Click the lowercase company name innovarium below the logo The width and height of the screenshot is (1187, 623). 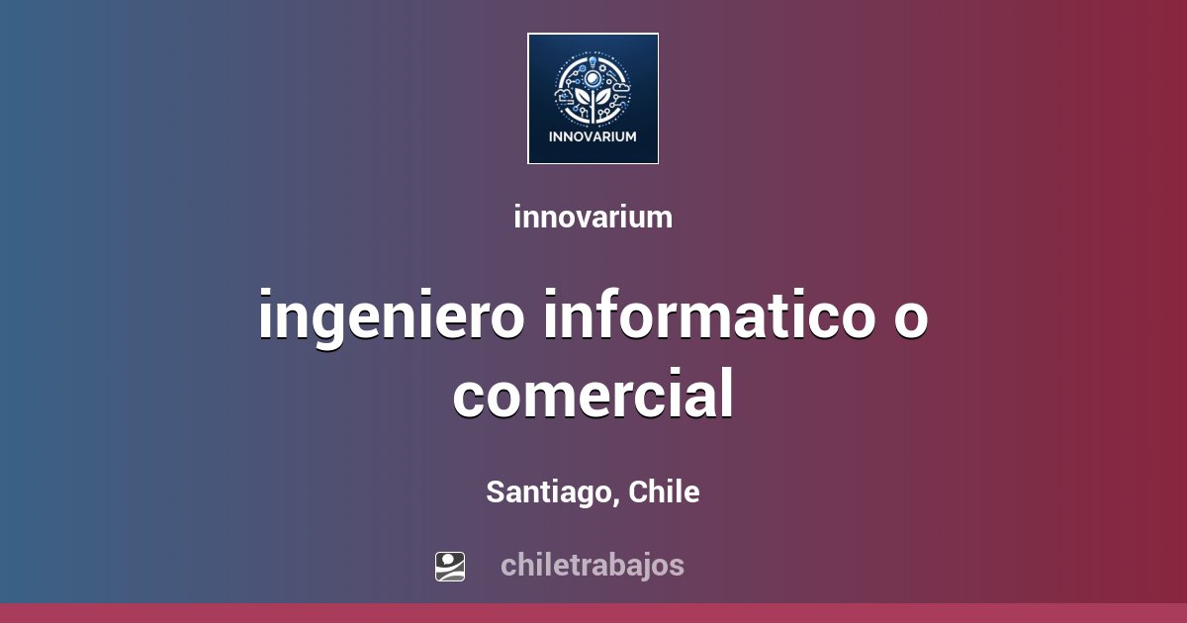(x=593, y=218)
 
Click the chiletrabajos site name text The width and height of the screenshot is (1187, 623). (x=592, y=566)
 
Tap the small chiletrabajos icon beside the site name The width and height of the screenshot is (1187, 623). (x=450, y=566)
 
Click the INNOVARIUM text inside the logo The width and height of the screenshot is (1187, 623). (x=593, y=136)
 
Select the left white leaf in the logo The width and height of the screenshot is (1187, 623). (x=583, y=99)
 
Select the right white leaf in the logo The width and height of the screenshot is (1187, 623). (x=603, y=99)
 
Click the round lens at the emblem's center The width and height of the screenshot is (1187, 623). (x=593, y=78)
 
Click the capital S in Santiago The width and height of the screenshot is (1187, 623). (x=495, y=491)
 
